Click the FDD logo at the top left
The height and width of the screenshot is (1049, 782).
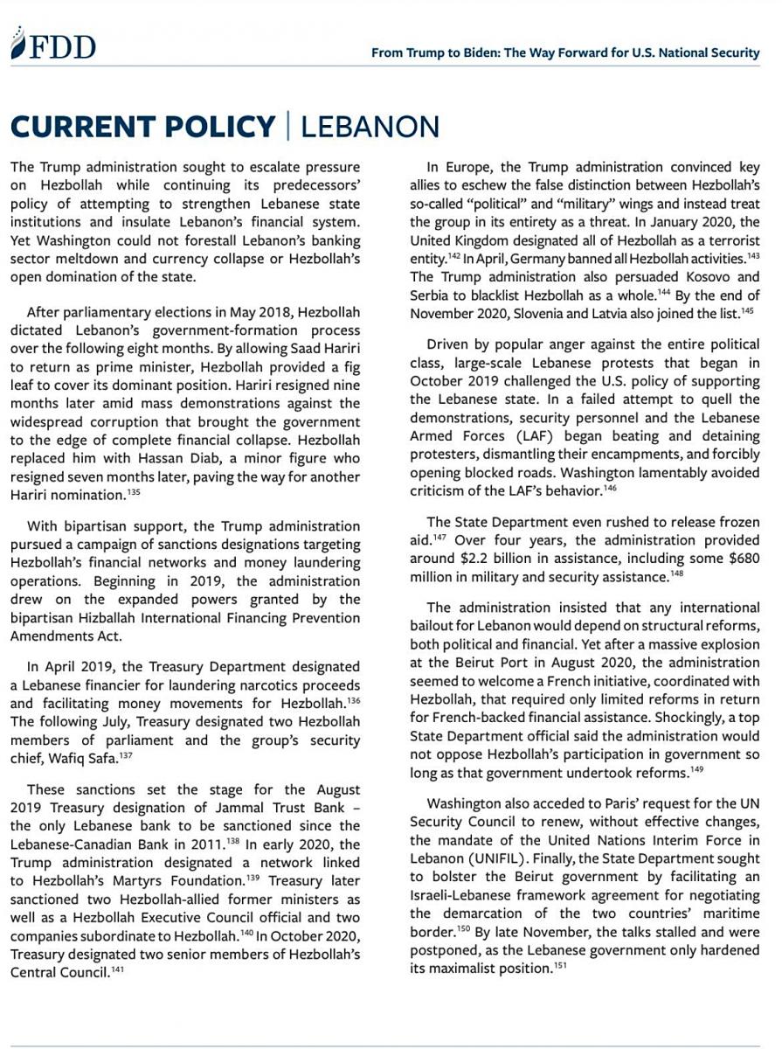pos(53,45)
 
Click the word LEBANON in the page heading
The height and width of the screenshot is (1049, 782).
pos(370,126)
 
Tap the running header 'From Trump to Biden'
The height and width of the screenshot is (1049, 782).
pos(565,52)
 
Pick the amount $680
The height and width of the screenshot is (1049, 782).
pos(741,559)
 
